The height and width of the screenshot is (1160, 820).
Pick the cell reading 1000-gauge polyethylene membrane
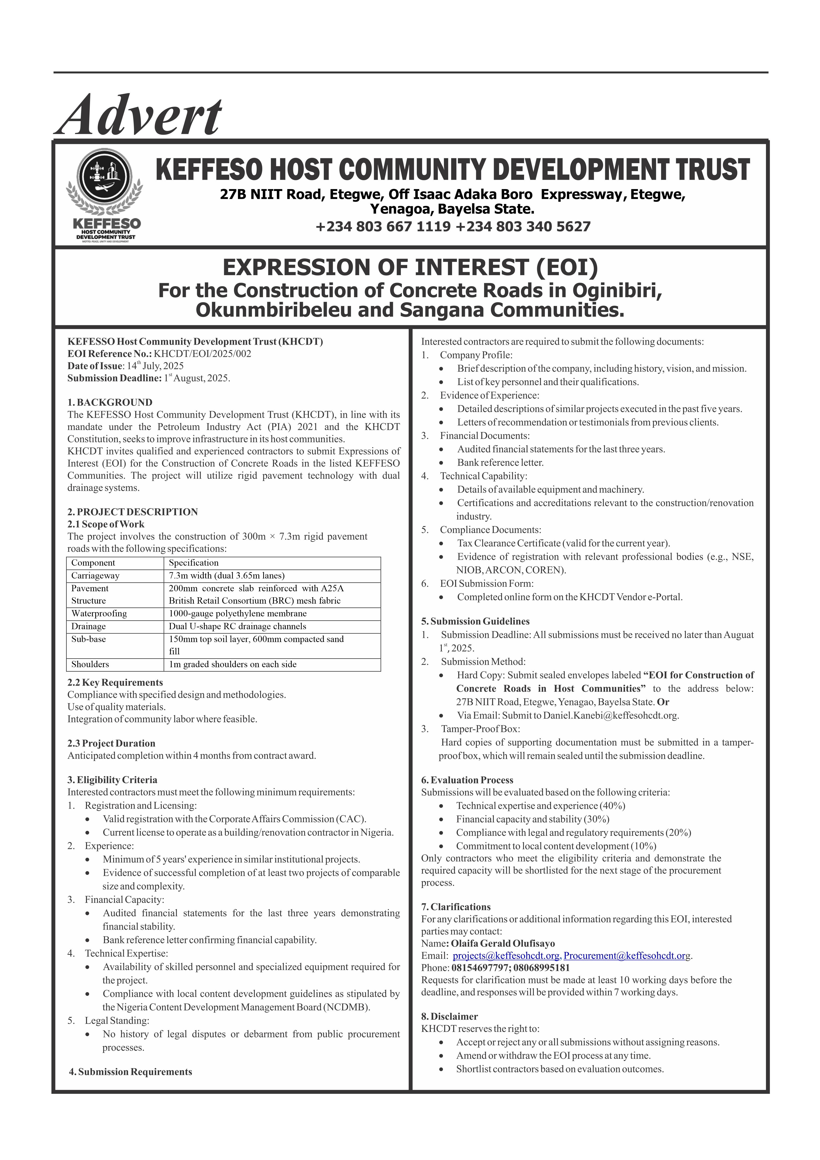[237, 613]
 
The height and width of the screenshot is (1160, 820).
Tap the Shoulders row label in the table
[90, 664]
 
